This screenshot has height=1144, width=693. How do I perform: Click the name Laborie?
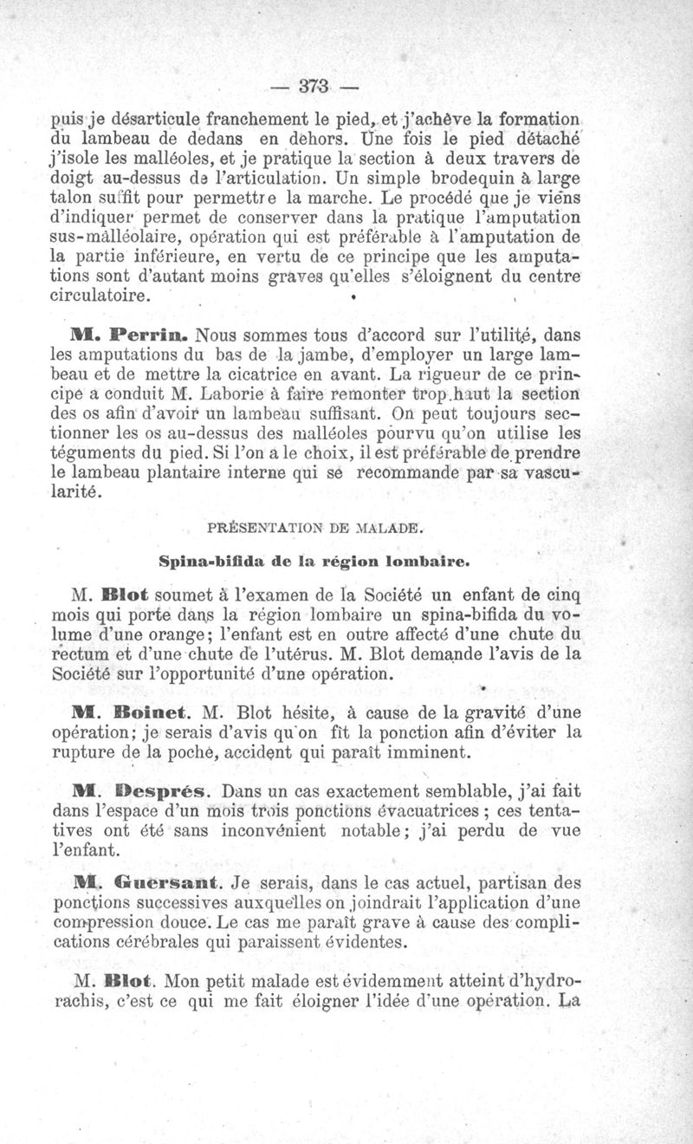(243, 395)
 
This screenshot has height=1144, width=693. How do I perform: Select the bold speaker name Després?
(166, 791)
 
